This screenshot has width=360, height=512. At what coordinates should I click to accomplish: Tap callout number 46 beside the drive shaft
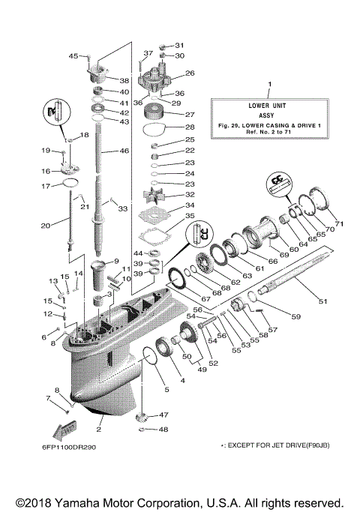coord(125,151)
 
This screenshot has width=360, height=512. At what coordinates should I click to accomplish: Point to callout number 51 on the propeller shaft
coord(323,302)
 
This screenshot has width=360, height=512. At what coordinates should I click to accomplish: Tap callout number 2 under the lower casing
coord(99,431)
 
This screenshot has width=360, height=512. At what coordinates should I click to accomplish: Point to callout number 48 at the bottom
coord(163,430)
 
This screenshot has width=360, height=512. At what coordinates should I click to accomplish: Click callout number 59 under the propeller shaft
coord(295,317)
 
